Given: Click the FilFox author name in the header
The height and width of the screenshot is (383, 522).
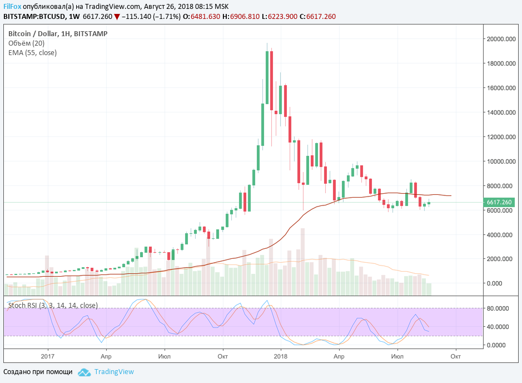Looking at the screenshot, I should (x=12, y=6).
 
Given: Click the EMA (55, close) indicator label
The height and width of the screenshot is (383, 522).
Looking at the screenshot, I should (x=32, y=53).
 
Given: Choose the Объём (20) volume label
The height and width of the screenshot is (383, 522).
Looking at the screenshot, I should (x=27, y=43).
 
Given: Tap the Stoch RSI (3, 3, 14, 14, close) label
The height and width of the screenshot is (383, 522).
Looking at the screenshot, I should (x=53, y=305).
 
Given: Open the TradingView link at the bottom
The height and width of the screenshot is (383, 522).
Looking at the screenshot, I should (x=114, y=372).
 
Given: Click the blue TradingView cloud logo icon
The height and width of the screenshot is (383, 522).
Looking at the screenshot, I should (x=84, y=372).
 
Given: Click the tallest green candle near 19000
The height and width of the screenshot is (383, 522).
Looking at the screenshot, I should (x=267, y=77).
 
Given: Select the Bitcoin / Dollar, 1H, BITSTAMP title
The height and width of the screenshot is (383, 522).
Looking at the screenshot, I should (x=58, y=33).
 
